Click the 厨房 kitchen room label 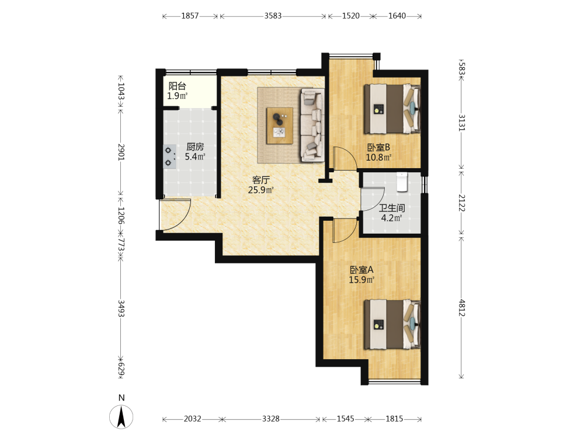click(x=195, y=147)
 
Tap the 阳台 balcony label click(x=178, y=86)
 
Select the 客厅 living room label click(x=260, y=180)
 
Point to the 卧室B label click(x=378, y=148)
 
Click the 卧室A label click(x=361, y=270)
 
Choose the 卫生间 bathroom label click(x=392, y=208)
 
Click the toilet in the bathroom click(x=402, y=182)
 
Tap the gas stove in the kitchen click(x=170, y=157)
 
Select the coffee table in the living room click(x=279, y=126)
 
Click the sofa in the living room click(x=311, y=125)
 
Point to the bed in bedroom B click(x=392, y=109)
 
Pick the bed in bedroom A click(x=392, y=324)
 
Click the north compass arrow click(x=121, y=417)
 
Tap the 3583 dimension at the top click(x=273, y=16)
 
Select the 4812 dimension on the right click(x=462, y=308)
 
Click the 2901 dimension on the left click(x=121, y=152)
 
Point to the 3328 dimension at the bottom click(x=271, y=419)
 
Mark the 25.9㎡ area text click(x=260, y=190)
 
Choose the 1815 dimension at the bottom click(x=394, y=419)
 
